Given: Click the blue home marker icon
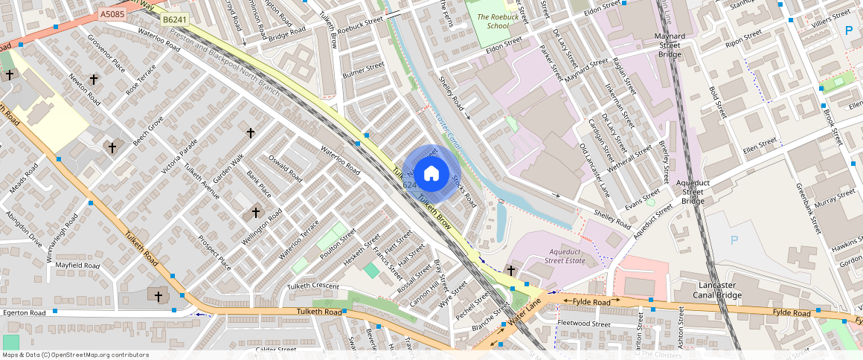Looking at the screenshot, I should (x=431, y=174).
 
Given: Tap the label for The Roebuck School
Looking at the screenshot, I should (x=493, y=21).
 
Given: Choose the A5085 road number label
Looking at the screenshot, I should (x=112, y=14).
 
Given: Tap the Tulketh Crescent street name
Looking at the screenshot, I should (x=312, y=286).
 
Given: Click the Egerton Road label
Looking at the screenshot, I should (x=25, y=313).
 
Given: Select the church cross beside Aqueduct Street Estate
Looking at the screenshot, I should (x=511, y=270).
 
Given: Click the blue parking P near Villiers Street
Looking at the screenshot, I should (x=848, y=30).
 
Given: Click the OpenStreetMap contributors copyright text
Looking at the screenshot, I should (x=74, y=355).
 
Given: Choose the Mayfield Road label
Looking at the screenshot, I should (x=77, y=265).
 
